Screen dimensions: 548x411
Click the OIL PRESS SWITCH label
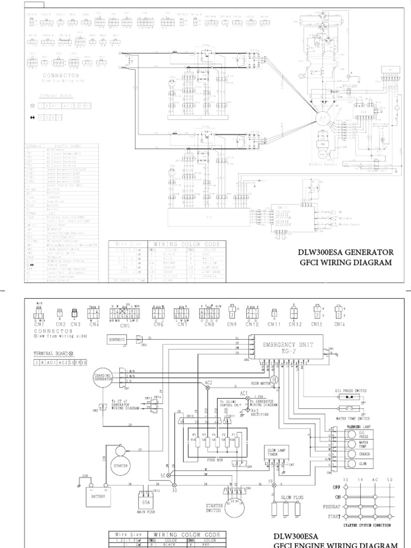click(x=351, y=391)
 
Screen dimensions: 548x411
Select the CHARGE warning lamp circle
click(x=351, y=454)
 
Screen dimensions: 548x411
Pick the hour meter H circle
click(x=274, y=379)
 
